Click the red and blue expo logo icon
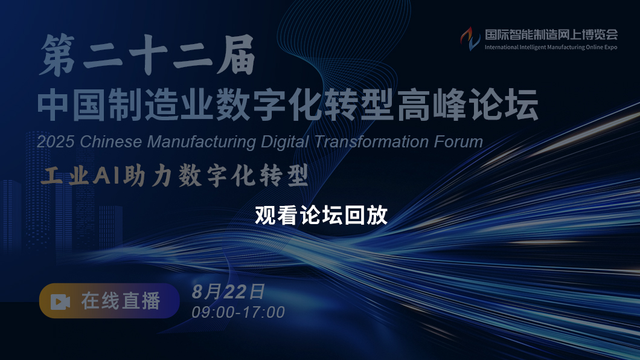point(470,39)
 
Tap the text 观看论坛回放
point(321,215)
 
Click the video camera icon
point(60,302)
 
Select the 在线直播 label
point(120,301)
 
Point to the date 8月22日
point(229,292)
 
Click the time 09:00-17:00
point(238,312)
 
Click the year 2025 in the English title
point(56,142)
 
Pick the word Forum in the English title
point(458,141)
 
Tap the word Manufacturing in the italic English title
point(202,142)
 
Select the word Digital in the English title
point(285,142)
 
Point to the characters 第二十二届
point(147,55)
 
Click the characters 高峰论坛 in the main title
point(468,105)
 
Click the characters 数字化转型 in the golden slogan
point(243,176)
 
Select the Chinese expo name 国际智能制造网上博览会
point(551,34)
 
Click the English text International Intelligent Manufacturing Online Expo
point(551,47)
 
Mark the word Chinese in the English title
point(111,142)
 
